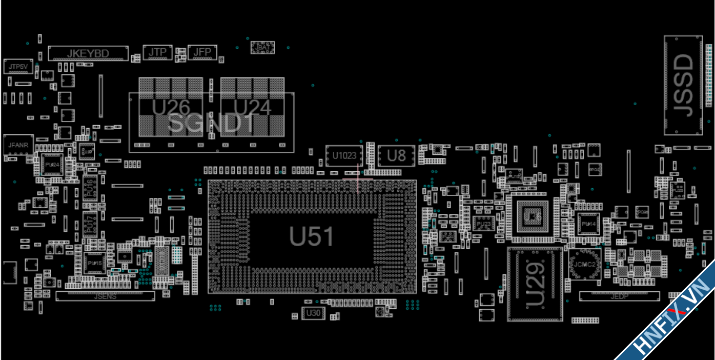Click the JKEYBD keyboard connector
pyautogui.click(x=88, y=53)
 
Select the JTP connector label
pyautogui.click(x=157, y=52)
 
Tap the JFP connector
pyautogui.click(x=202, y=52)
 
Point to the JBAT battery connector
pyautogui.click(x=262, y=47)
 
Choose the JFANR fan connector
pyautogui.click(x=18, y=145)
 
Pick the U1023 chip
pyautogui.click(x=344, y=156)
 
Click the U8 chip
pyautogui.click(x=396, y=156)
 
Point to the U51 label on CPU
pyautogui.click(x=312, y=236)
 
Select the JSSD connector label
pyautogui.click(x=683, y=85)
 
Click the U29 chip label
pyautogui.click(x=535, y=285)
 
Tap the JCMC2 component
pyautogui.click(x=585, y=265)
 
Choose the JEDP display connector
pyautogui.click(x=619, y=296)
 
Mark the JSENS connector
pyautogui.click(x=105, y=296)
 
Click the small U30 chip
pyautogui.click(x=313, y=313)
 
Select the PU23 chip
pyautogui.click(x=483, y=224)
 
